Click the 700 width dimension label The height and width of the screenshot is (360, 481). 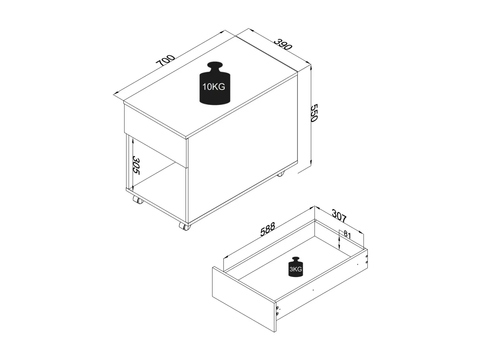[166, 61]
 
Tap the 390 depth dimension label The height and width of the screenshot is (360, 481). [283, 44]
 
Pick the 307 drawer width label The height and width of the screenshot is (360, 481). [339, 216]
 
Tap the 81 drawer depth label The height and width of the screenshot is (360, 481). [347, 235]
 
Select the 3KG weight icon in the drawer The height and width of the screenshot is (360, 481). [296, 267]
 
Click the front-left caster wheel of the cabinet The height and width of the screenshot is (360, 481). [138, 200]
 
